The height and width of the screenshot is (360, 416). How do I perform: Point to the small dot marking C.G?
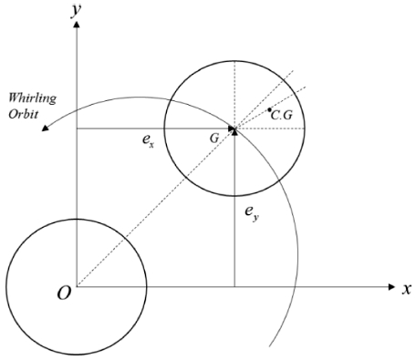270,110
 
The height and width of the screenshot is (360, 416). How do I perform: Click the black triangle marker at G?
234,130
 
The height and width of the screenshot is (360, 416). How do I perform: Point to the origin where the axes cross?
78,288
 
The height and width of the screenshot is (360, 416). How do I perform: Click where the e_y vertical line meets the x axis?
235,288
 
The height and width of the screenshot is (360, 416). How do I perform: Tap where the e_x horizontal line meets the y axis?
78,129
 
